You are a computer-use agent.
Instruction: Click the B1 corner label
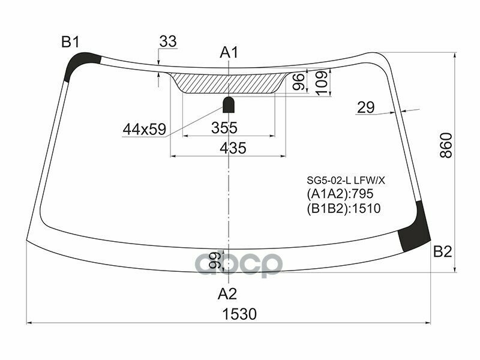(70, 42)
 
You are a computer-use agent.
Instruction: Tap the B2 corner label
(442, 252)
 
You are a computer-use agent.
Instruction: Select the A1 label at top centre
(229, 53)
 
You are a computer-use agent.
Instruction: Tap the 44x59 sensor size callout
(144, 128)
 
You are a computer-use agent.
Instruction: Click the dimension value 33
(169, 41)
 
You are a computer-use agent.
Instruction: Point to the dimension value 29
(365, 108)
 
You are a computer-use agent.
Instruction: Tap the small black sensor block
(229, 106)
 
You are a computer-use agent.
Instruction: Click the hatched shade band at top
(229, 83)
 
